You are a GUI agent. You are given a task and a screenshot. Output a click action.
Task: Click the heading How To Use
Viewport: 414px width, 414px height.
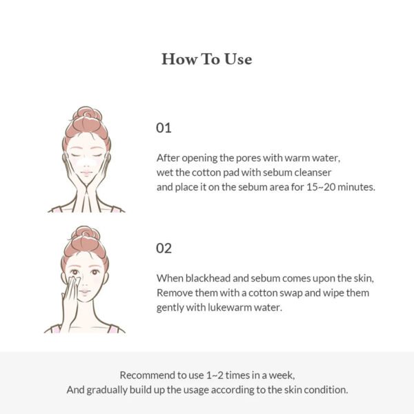point(206,59)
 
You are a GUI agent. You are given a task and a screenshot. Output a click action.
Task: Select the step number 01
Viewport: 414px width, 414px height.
point(164,128)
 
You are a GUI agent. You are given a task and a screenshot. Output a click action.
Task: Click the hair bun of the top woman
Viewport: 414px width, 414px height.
point(86,115)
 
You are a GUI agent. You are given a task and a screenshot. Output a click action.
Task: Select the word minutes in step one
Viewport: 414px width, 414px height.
point(356,187)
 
